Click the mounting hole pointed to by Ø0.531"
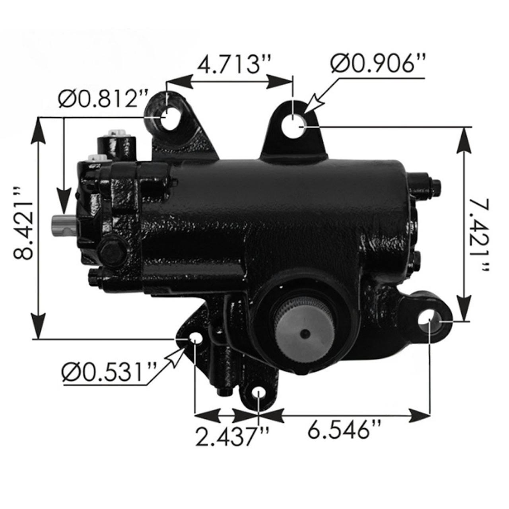pyautogui.click(x=196, y=338)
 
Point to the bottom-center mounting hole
pyautogui.click(x=258, y=393)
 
